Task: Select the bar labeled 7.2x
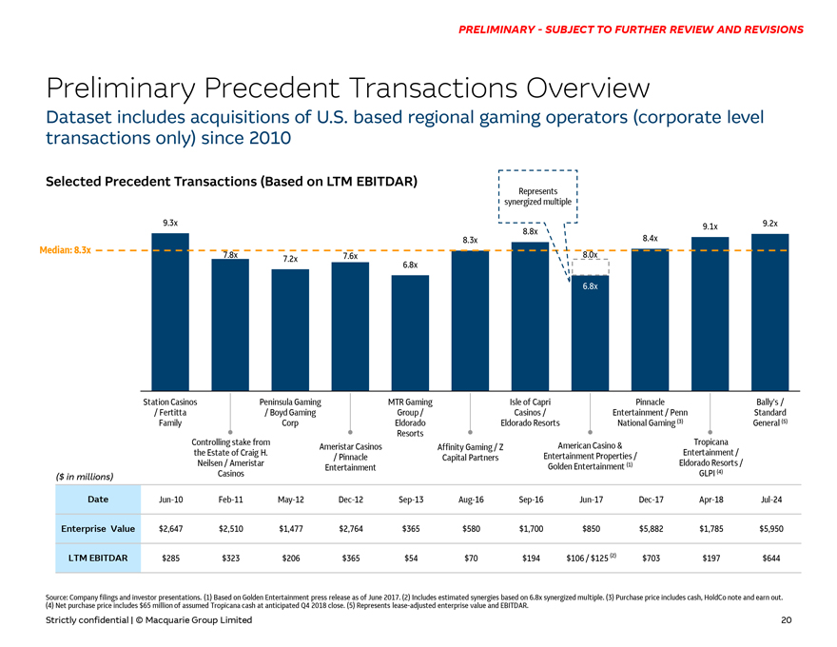[290, 328]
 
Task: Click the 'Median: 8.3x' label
[65, 250]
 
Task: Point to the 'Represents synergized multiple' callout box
[537, 196]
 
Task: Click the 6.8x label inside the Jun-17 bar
[590, 286]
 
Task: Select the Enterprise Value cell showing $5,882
[650, 528]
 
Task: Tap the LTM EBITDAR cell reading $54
[410, 558]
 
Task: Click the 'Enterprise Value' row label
[96, 528]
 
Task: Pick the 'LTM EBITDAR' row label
[96, 558]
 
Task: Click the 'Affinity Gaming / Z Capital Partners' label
[470, 453]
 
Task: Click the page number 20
[786, 620]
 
